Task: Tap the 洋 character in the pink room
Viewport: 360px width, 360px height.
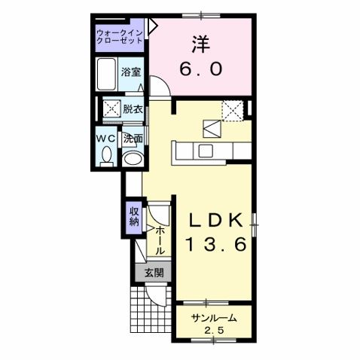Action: tap(200, 43)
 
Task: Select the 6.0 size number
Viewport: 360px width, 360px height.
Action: tap(200, 69)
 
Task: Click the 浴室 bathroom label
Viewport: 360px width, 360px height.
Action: tap(131, 73)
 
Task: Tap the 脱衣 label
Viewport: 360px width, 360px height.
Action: tap(133, 109)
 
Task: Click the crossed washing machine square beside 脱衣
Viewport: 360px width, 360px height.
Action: tap(111, 109)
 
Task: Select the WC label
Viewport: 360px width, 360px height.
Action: tap(106, 139)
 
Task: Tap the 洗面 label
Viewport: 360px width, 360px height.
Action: tap(133, 139)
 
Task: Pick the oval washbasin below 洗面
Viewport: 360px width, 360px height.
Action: tap(133, 158)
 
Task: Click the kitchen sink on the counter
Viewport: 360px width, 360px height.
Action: tap(204, 149)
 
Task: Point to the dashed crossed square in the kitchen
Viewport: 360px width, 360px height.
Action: tap(230, 110)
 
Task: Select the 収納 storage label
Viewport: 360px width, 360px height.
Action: tap(134, 216)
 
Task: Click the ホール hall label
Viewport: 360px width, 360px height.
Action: tap(160, 240)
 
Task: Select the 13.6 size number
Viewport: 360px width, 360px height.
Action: tap(215, 244)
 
